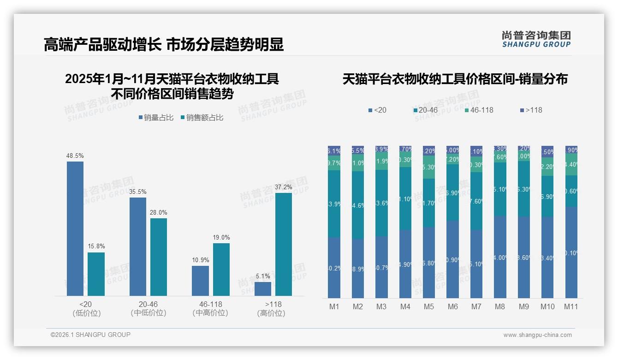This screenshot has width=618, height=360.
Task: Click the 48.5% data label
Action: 75,156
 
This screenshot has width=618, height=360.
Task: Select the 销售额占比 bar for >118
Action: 284,244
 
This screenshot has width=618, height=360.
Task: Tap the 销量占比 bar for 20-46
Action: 138,246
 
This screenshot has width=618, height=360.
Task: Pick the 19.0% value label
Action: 221,237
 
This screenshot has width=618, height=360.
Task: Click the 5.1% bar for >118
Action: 263,288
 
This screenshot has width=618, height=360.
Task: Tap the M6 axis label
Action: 452,306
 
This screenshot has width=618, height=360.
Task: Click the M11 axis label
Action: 571,306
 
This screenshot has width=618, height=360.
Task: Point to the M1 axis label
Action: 334,306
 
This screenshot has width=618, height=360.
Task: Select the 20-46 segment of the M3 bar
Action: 381,203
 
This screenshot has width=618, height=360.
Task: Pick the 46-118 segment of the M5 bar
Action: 429,167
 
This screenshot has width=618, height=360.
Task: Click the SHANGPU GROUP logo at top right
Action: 536,39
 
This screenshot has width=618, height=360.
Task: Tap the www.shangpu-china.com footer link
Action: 537,335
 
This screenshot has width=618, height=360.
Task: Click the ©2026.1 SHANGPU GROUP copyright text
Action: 90,335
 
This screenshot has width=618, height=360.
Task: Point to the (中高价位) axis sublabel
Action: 211,313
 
